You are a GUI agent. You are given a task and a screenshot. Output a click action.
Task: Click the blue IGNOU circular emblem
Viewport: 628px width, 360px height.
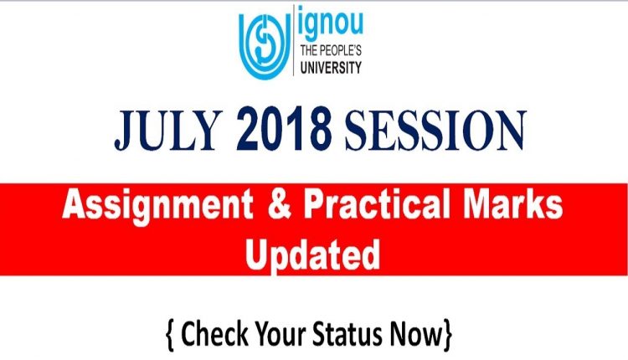[265, 45]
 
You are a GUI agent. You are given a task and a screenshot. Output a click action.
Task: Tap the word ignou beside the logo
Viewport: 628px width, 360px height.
[331, 25]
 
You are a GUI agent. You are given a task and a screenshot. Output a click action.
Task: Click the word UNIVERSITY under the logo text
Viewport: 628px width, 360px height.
[331, 67]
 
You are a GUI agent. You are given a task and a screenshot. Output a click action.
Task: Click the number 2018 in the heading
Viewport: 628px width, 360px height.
[284, 129]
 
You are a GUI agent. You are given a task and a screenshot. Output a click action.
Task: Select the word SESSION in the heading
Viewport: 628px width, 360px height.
[435, 130]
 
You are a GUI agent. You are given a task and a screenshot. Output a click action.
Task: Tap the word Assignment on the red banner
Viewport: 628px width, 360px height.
[157, 206]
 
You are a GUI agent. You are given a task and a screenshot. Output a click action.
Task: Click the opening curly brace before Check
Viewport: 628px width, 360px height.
[170, 335]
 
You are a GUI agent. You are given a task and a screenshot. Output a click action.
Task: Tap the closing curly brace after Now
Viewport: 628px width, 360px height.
[448, 335]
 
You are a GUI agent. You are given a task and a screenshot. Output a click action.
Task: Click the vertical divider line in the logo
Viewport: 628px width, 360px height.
[294, 40]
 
